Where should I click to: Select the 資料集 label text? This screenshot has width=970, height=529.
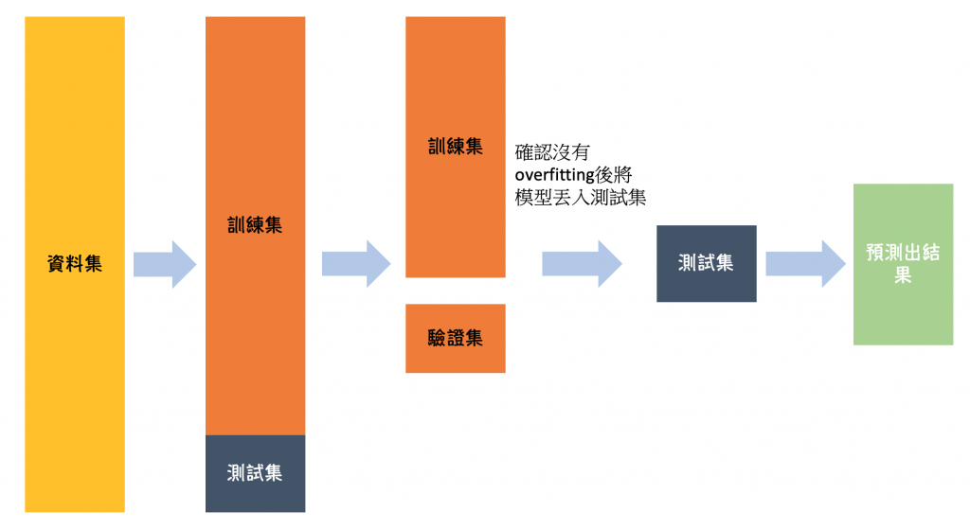click(75, 264)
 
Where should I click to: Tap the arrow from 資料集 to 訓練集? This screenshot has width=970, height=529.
click(164, 264)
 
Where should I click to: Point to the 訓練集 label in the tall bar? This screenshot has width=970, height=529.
click(255, 225)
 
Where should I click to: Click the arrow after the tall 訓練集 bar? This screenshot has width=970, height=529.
click(355, 264)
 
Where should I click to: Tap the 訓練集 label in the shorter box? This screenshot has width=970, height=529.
click(455, 147)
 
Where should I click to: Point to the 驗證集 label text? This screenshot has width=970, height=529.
click(455, 338)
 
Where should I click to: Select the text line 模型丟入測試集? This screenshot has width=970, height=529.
click(580, 198)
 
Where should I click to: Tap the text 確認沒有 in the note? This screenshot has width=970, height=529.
click(552, 151)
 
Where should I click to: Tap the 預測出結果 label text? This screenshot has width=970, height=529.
click(902, 264)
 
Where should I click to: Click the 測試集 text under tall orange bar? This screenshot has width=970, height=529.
click(255, 472)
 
